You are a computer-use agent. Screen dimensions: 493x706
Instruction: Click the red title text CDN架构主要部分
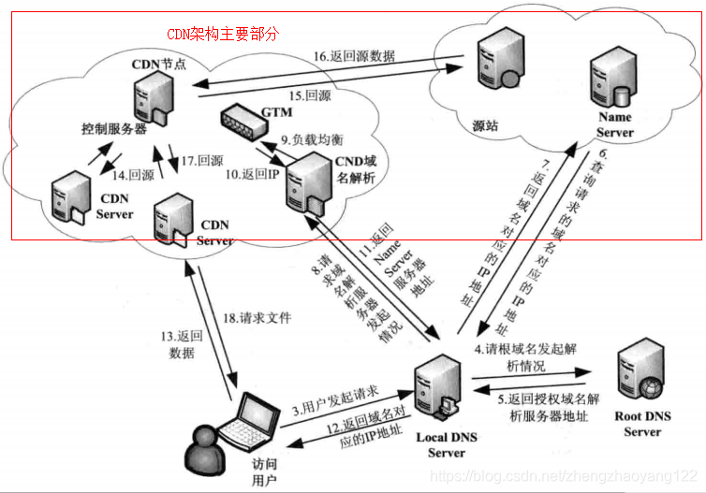223,34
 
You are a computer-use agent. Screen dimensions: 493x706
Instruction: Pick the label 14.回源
132,174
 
